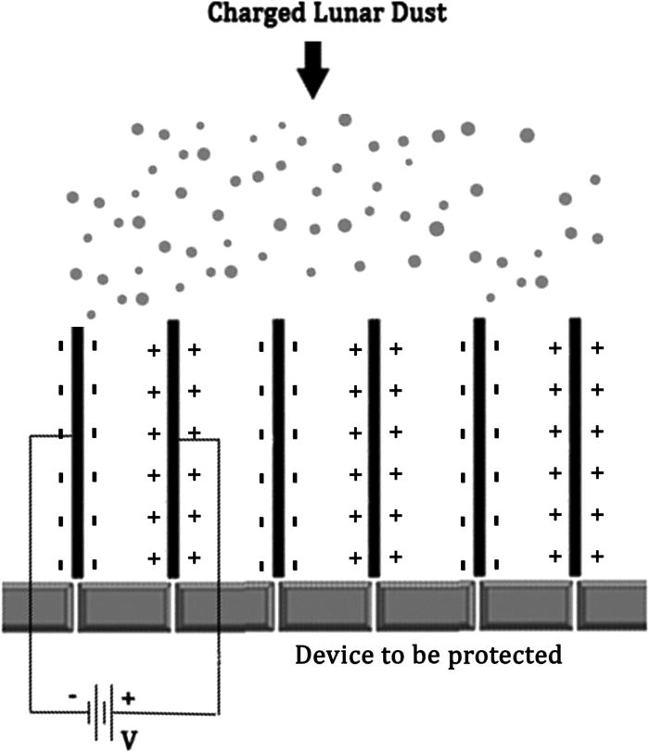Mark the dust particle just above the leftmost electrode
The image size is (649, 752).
90,314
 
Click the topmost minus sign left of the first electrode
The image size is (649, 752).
60,349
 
